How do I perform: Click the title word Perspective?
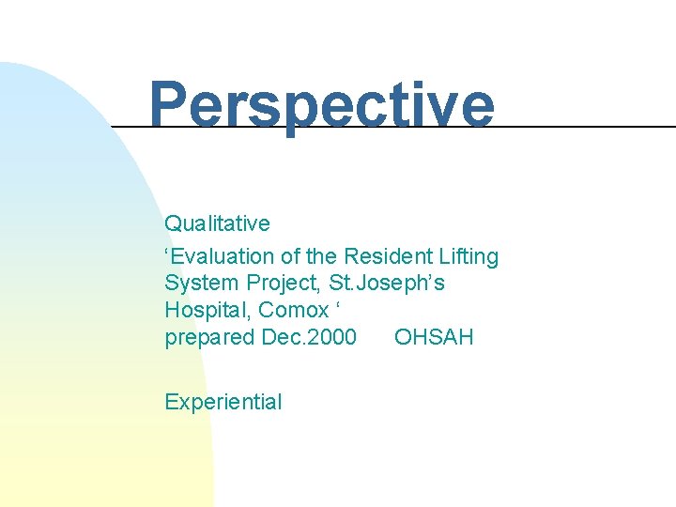coord(321,105)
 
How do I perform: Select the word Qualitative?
coord(217,224)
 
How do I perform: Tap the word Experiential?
coord(223,403)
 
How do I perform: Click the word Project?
coord(280,284)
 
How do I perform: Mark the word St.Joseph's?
coord(388,284)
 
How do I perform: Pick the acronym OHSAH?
coord(434,337)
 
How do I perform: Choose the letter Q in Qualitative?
coord(173,224)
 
